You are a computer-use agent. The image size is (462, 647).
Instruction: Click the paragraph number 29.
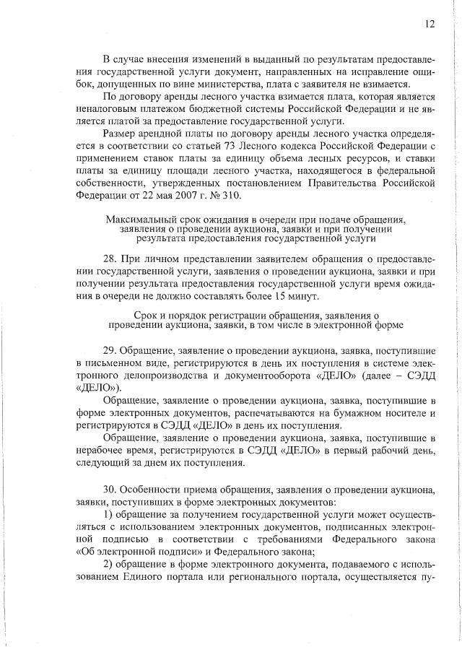[110, 349]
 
